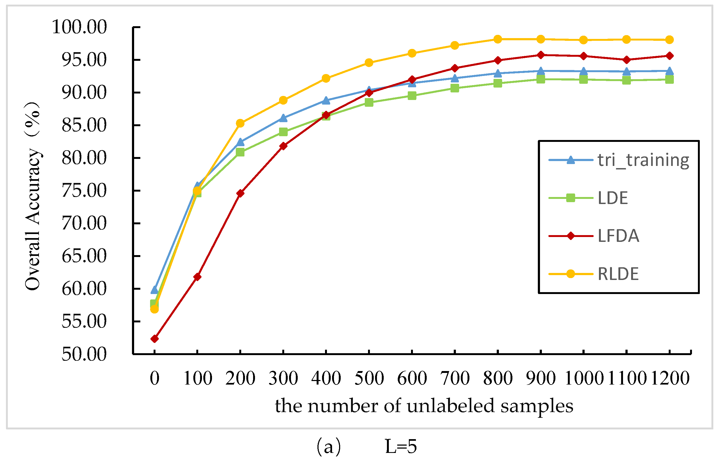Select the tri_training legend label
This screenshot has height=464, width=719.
coord(643,160)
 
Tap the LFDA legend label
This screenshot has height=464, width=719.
coord(618,236)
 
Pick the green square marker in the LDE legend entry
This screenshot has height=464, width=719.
coord(570,198)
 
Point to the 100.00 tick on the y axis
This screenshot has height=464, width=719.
coord(79,27)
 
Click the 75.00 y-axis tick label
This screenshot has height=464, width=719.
coord(84,191)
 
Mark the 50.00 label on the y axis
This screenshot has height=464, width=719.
coord(84,354)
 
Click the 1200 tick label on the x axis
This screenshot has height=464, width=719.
coord(670,378)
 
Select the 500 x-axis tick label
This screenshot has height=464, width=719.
coord(369,378)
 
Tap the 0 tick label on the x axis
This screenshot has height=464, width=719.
coord(154,378)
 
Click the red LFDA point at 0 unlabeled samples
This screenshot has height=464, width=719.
coord(154,339)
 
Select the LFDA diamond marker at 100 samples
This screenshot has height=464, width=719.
coord(197,277)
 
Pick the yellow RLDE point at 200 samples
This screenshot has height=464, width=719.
coord(240,123)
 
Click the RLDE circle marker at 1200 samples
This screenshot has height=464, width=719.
coord(670,40)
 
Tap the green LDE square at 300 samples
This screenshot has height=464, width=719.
coord(283,132)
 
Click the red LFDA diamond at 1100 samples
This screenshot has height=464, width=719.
coord(627,60)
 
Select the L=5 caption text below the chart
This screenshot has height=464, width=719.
coord(401,446)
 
